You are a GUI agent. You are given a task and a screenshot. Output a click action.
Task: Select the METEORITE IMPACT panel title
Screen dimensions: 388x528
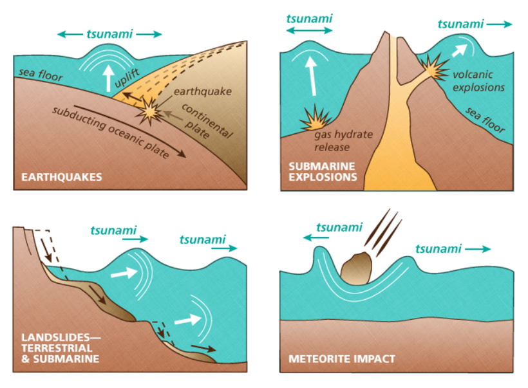click(x=342, y=358)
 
